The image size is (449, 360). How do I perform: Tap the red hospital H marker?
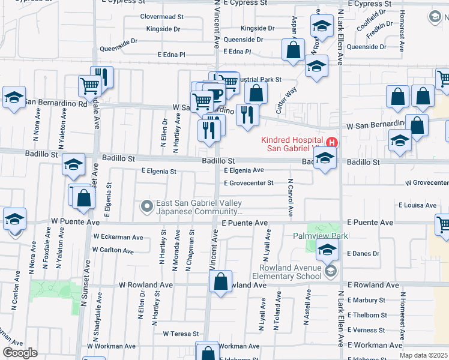coord(332,143)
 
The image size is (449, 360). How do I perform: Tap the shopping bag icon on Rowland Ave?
coord(220,282)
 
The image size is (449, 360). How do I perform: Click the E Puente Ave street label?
coord(244,223)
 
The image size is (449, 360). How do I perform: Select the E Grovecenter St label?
coord(249,183)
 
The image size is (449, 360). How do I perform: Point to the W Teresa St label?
coord(181,334)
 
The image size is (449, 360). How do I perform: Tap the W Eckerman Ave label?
coord(118,237)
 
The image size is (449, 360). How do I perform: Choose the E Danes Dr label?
coord(363,254)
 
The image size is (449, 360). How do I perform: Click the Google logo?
coord(20,353)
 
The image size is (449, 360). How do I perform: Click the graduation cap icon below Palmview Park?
coord(327,251)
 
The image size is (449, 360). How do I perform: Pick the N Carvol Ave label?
coord(290,197)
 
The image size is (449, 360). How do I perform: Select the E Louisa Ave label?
coord(417,205)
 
